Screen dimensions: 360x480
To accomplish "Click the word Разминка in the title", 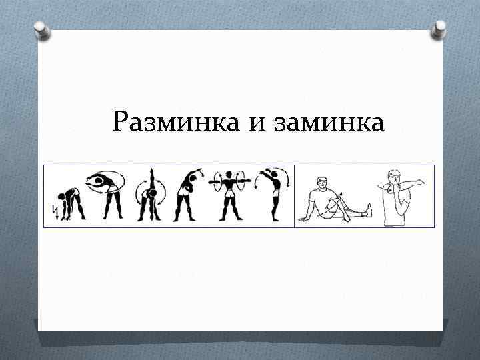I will pyautogui.click(x=169, y=122).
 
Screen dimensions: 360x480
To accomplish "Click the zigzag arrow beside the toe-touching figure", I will pyautogui.click(x=53, y=211).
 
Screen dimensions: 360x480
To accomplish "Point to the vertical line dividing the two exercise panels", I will pyautogui.click(x=294, y=196).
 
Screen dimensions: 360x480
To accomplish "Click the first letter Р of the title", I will pyautogui.click(x=121, y=122).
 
